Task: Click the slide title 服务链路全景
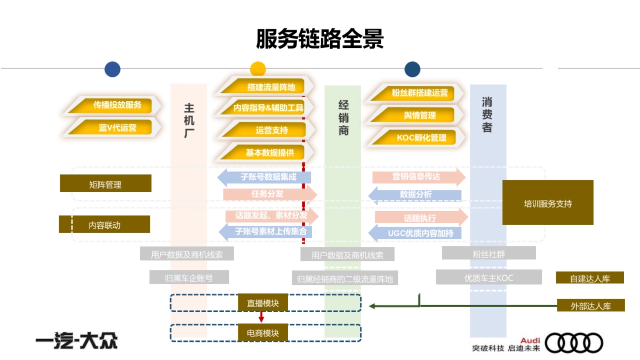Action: pyautogui.click(x=320, y=39)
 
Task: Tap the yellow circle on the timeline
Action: pyautogui.click(x=258, y=69)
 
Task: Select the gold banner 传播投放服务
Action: pyautogui.click(x=117, y=105)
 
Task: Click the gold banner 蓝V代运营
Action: pyautogui.click(x=117, y=127)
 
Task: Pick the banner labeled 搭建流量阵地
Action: pyautogui.click(x=270, y=86)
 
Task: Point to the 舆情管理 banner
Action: pyautogui.click(x=419, y=115)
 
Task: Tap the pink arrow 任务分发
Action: pyautogui.click(x=269, y=194)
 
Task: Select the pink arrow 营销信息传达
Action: pyautogui.click(x=418, y=177)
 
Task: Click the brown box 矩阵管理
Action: pyautogui.click(x=106, y=184)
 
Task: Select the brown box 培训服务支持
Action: pyautogui.click(x=548, y=203)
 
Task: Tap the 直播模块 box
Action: pyautogui.click(x=263, y=303)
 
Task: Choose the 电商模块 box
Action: pyautogui.click(x=263, y=333)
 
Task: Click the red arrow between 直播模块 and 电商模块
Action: pyautogui.click(x=261, y=317)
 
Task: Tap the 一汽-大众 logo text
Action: pyautogui.click(x=76, y=341)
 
